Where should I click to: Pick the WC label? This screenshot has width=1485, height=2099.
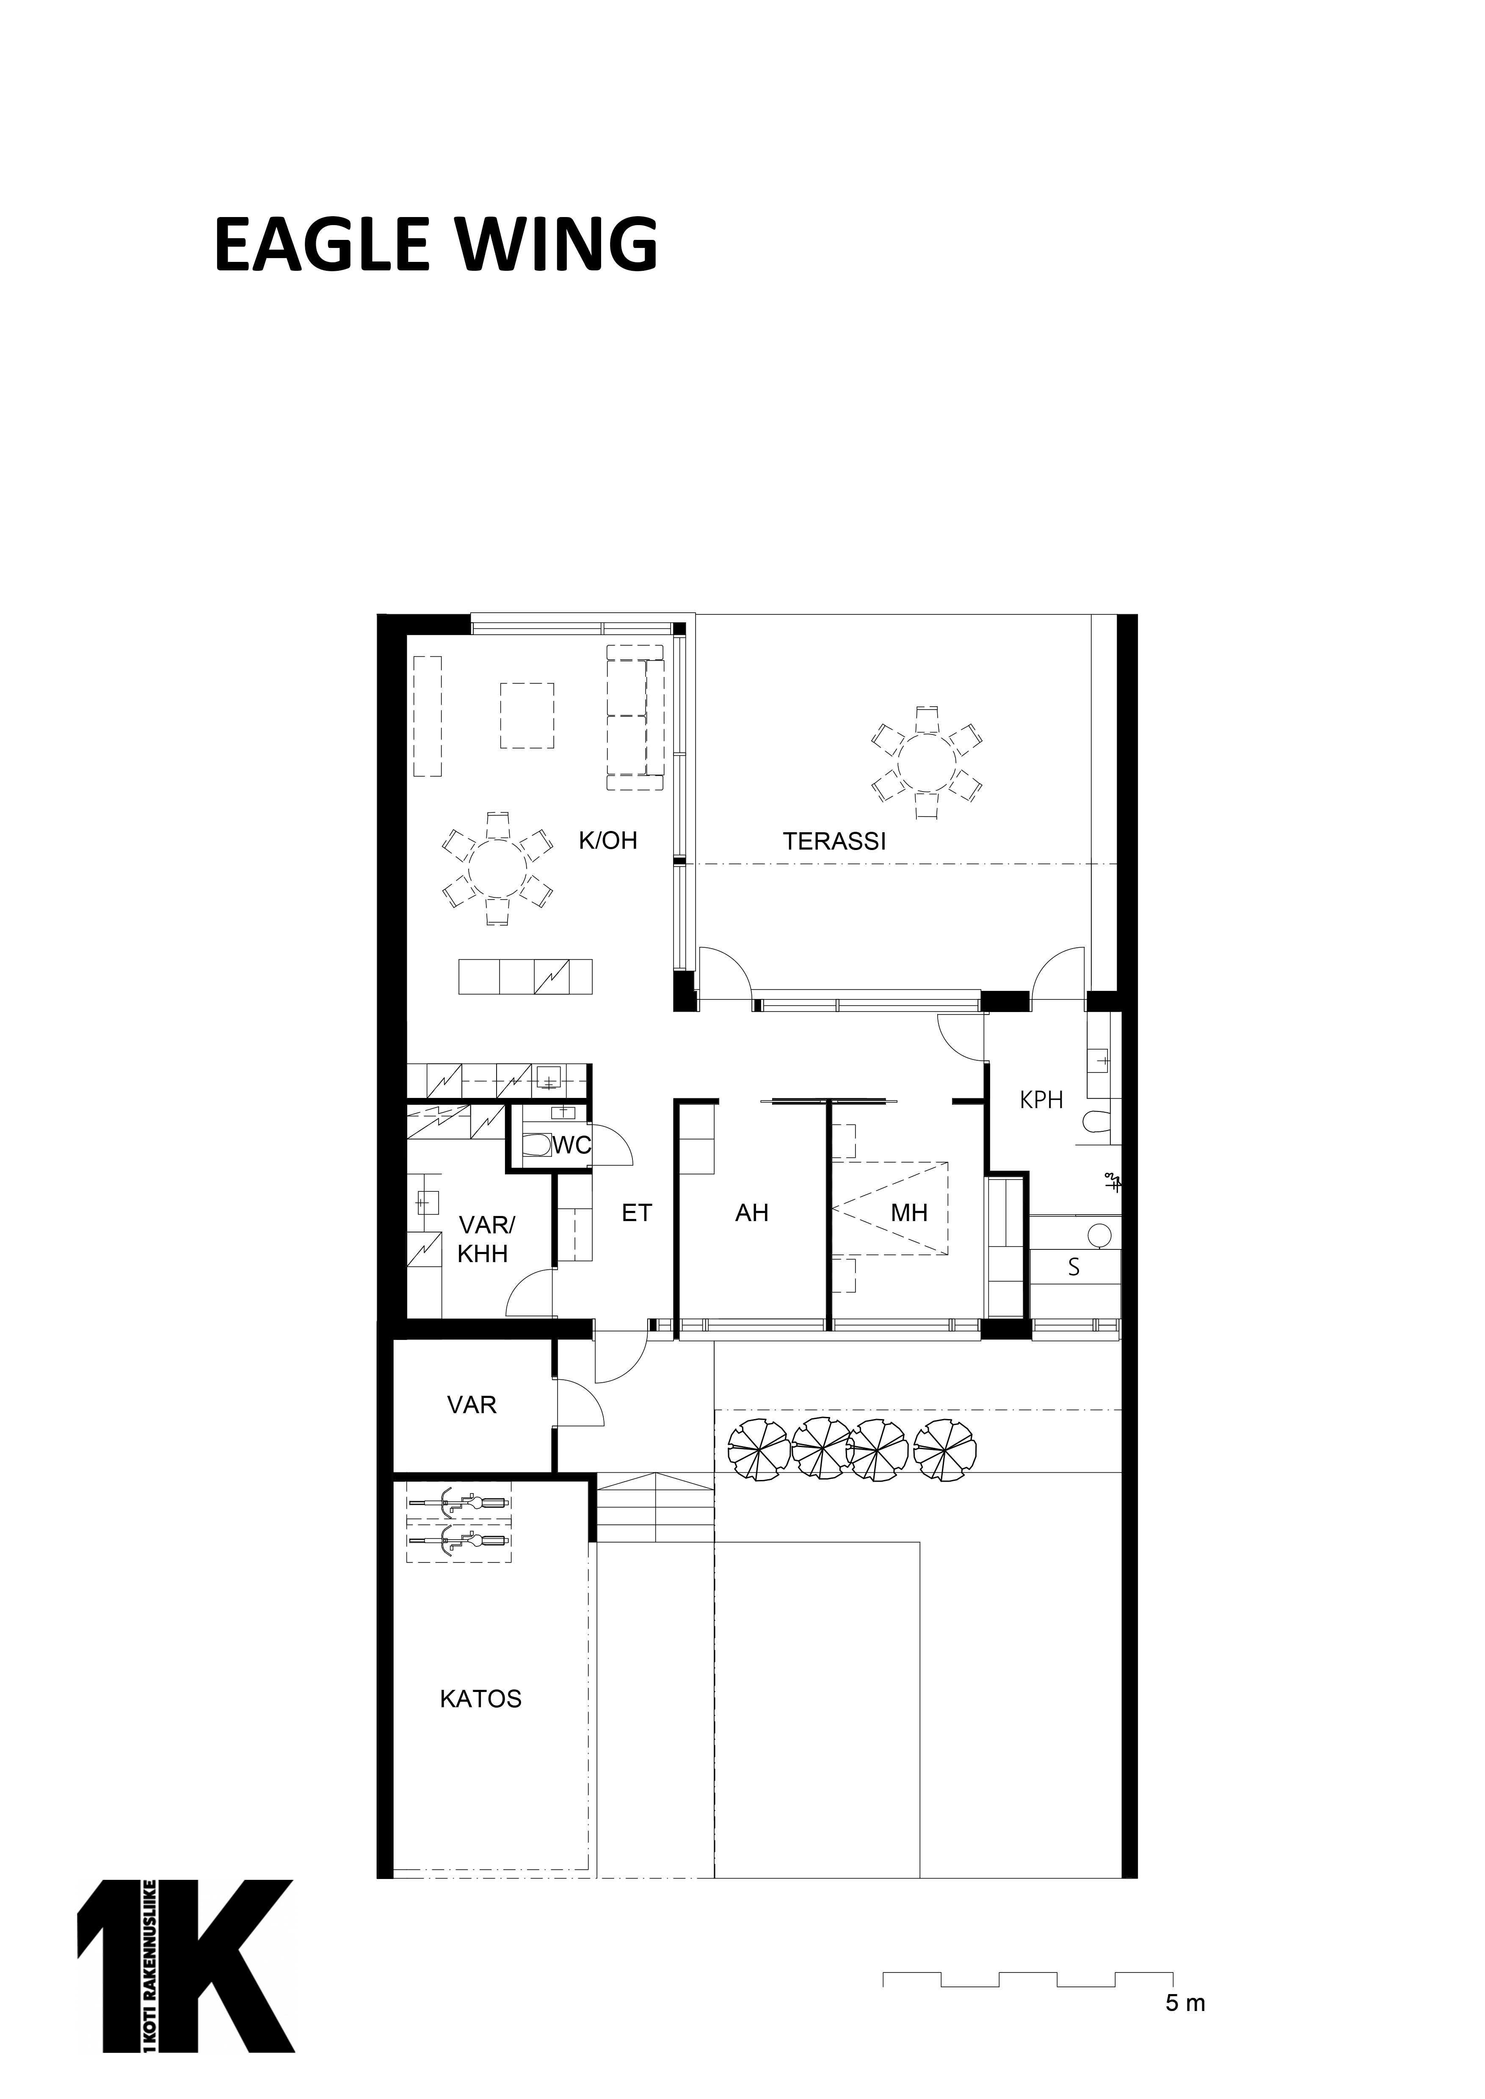pos(571,1145)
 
